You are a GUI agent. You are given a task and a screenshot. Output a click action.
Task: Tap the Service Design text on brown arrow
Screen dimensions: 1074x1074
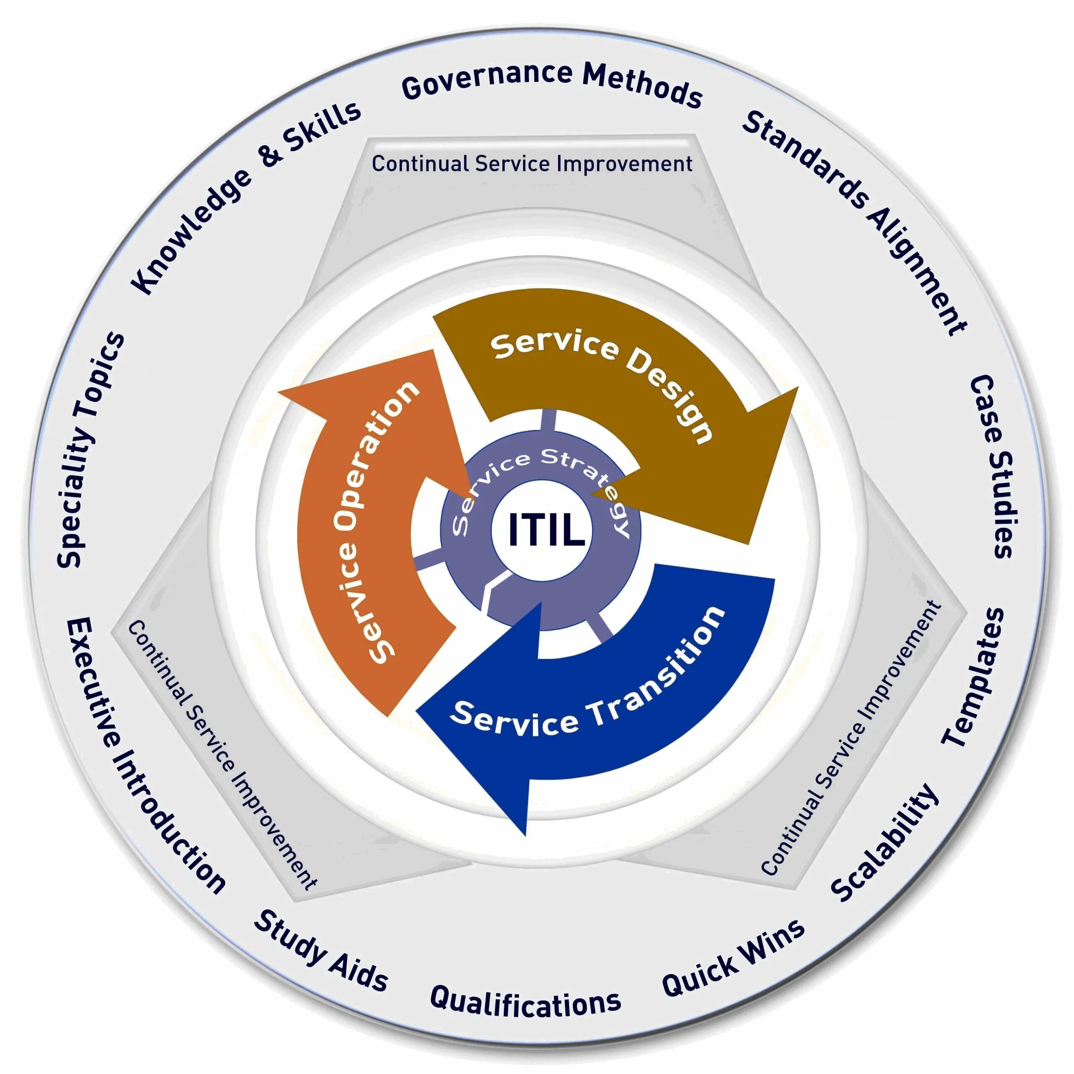point(603,383)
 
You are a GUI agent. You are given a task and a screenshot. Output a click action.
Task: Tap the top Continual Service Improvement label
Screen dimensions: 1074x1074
point(532,164)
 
